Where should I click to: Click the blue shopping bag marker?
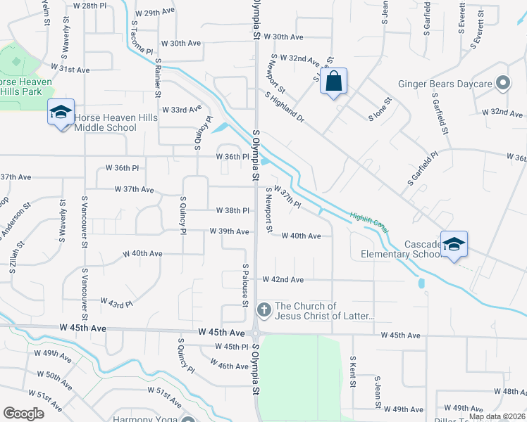click(x=333, y=82)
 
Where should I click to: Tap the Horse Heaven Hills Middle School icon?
click(x=61, y=113)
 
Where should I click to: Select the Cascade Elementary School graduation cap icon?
click(x=454, y=244)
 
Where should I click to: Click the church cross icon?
click(x=263, y=309)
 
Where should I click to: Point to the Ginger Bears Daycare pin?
click(x=502, y=84)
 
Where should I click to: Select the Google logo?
click(x=23, y=414)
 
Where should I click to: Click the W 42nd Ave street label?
click(x=283, y=279)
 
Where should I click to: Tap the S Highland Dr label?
click(x=284, y=108)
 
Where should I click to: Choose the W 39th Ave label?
click(x=229, y=231)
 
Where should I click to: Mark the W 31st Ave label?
click(x=70, y=70)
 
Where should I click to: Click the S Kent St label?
click(x=352, y=372)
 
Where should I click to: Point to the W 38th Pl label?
click(x=232, y=210)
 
